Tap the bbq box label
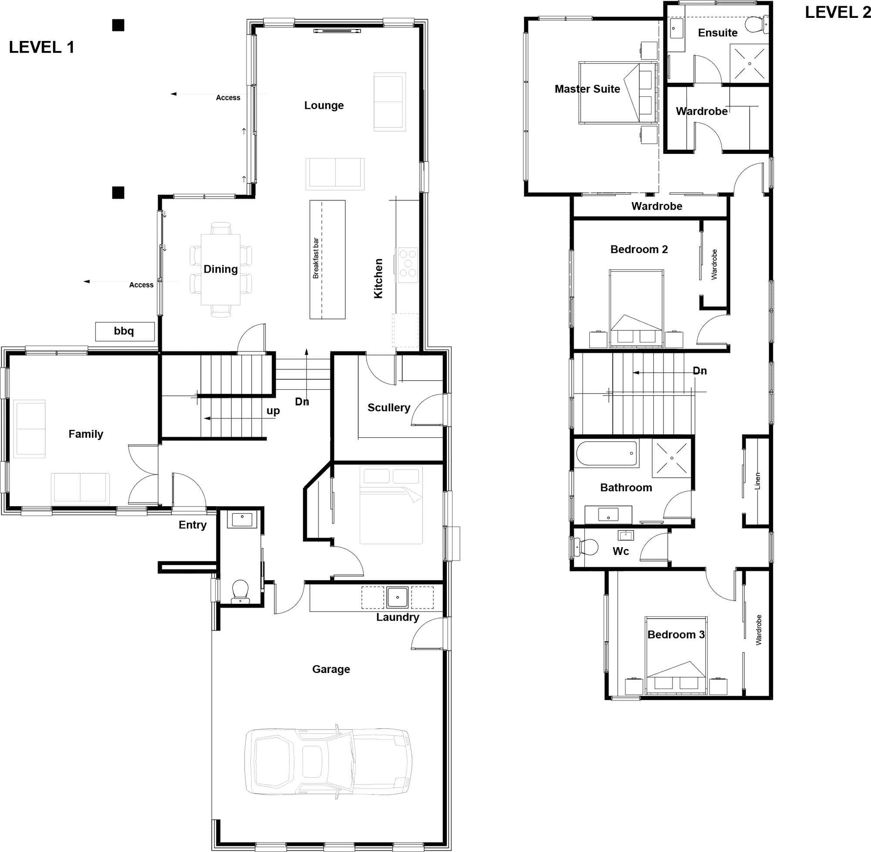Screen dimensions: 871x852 tap(124, 331)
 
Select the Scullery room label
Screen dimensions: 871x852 tap(389, 407)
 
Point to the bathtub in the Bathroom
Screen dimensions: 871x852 tap(607, 453)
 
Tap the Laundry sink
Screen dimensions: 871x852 tap(397, 597)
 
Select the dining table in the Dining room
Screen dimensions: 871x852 tap(220, 269)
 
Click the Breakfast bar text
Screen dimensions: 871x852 tap(316, 258)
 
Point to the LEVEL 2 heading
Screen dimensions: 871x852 tap(838, 13)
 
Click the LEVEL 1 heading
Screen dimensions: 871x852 tap(42, 47)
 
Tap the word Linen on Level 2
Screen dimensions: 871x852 tap(757, 480)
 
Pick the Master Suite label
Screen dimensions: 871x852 tap(587, 89)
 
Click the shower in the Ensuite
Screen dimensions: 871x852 tap(749, 63)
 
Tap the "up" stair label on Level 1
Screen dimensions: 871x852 tap(273, 411)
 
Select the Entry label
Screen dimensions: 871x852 tap(192, 525)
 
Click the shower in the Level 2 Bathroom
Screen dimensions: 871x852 tap(672, 458)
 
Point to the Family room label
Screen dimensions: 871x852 tap(85, 434)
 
